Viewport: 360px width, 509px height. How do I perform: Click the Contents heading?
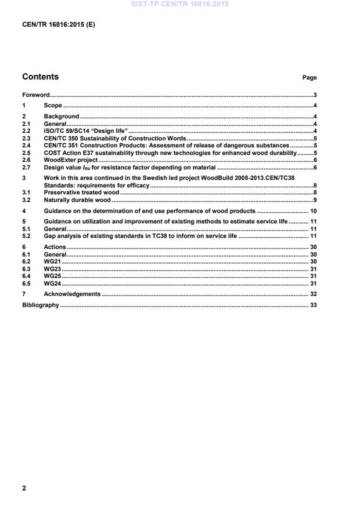(x=40, y=77)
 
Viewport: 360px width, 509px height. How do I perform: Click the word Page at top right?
(x=309, y=78)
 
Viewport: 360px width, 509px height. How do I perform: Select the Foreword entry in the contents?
(x=35, y=95)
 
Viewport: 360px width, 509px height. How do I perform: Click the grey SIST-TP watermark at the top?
(x=180, y=4)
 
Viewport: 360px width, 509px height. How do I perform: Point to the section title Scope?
(x=53, y=106)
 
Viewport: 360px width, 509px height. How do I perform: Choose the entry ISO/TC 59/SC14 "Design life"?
(x=86, y=131)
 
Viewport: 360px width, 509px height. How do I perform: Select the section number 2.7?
(x=26, y=167)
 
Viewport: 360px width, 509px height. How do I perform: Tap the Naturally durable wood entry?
(x=77, y=200)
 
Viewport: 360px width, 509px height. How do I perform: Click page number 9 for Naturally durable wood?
(x=314, y=200)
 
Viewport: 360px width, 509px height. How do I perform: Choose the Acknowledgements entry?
(x=72, y=294)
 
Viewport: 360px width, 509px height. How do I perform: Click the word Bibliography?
(x=40, y=305)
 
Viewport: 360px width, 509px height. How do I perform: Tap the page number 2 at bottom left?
(x=24, y=488)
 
